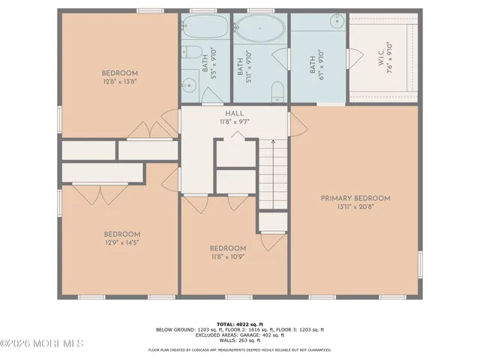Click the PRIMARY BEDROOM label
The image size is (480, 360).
tap(355, 198)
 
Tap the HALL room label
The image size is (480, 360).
tap(235, 113)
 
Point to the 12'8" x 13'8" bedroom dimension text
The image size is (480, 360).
tap(120, 83)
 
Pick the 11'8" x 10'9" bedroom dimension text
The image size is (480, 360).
tap(228, 257)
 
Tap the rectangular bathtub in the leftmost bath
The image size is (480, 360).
tap(205, 31)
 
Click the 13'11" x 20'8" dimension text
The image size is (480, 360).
tap(355, 206)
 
